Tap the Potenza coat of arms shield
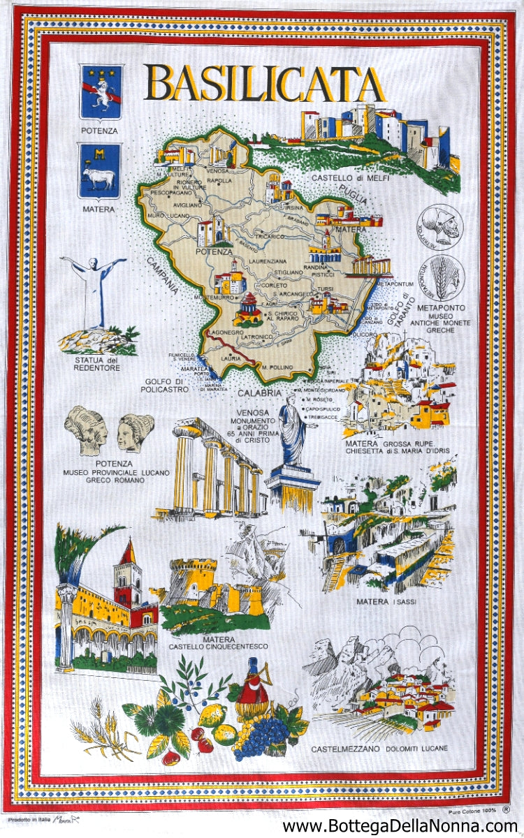[101, 91]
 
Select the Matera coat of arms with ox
[99, 170]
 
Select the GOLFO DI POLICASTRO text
[167, 385]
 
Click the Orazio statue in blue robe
[292, 431]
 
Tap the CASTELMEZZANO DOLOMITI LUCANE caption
[380, 749]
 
